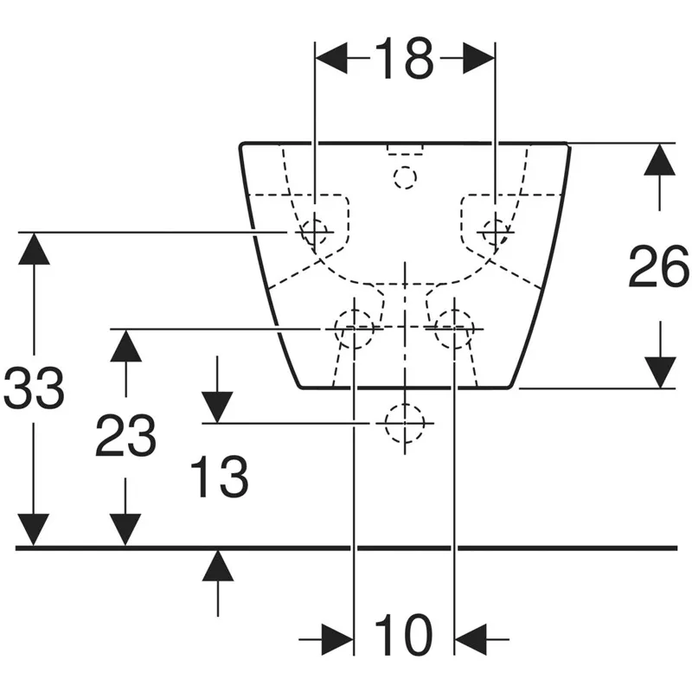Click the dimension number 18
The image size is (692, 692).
[x=406, y=58]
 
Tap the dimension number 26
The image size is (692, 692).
[x=659, y=266]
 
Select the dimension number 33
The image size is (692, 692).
[x=34, y=387]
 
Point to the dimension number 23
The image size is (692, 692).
[x=125, y=435]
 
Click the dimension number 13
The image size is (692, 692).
[x=220, y=477]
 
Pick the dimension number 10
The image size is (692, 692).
[x=404, y=635]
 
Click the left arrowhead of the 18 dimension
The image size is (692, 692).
[x=332, y=58]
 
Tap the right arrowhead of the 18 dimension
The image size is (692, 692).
[x=478, y=58]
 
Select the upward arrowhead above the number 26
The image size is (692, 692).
[x=660, y=159]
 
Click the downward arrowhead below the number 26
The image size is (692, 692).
[x=660, y=373]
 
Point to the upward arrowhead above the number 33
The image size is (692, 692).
[x=34, y=248]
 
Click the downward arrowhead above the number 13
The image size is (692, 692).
[x=218, y=407]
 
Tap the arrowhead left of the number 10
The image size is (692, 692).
[x=337, y=638]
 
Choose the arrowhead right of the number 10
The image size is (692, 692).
[x=471, y=638]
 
